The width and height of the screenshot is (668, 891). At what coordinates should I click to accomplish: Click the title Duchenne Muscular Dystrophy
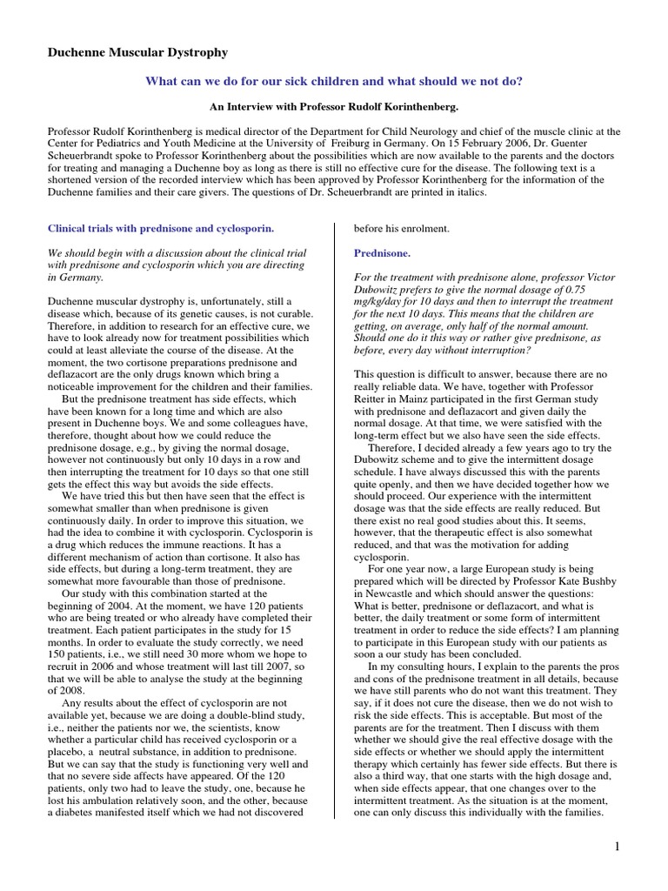point(137,53)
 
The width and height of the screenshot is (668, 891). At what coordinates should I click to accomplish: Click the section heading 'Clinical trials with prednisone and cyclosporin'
point(161,229)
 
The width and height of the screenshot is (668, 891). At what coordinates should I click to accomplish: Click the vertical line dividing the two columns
point(337,522)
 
